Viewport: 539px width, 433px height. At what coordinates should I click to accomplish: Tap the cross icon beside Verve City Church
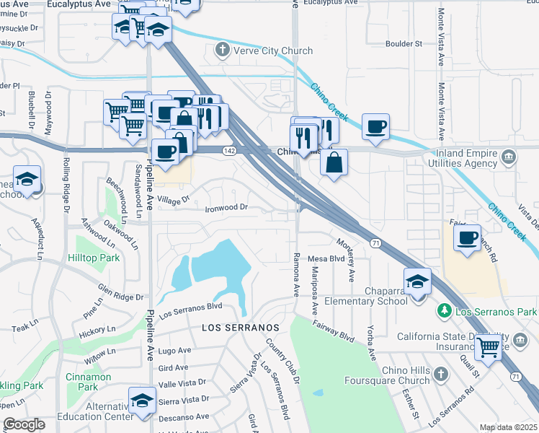click(223, 51)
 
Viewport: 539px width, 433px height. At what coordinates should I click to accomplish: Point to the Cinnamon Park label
click(88, 382)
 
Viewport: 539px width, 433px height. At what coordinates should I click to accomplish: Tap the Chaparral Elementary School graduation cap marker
click(417, 281)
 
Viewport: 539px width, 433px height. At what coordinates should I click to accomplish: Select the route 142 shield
click(229, 150)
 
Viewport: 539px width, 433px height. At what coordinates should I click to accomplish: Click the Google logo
click(24, 424)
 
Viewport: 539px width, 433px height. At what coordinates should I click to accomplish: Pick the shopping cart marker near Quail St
click(489, 348)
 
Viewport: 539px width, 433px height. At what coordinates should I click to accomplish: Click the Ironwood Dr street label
click(226, 208)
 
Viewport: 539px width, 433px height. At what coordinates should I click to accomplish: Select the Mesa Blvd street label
click(326, 258)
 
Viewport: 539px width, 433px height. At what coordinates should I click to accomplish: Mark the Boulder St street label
click(404, 44)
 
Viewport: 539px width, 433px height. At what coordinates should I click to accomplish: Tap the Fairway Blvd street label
click(334, 331)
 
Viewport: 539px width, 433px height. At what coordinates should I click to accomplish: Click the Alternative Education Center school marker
click(142, 401)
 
